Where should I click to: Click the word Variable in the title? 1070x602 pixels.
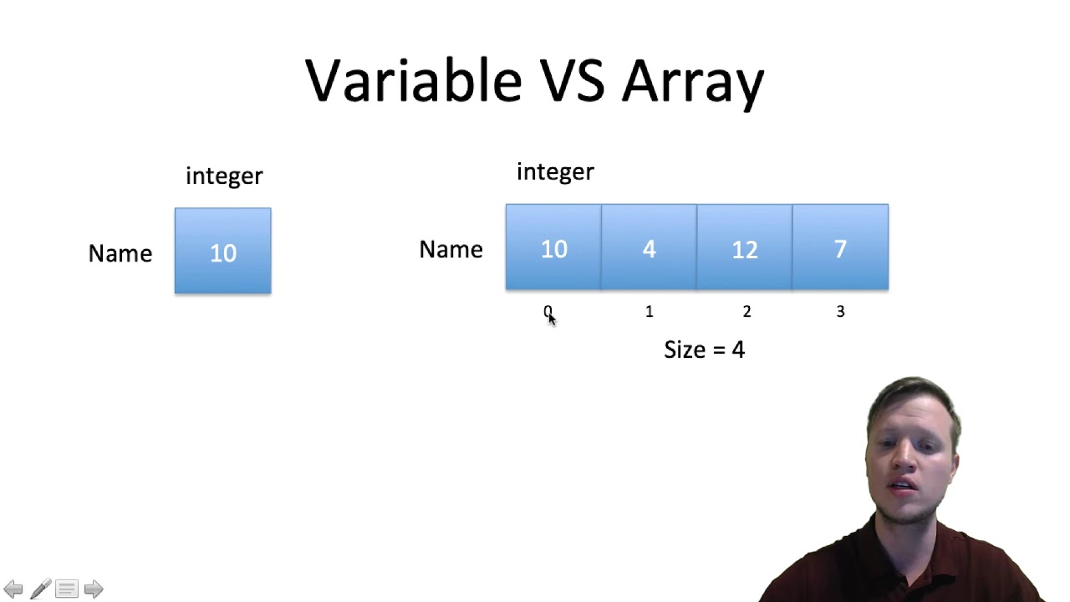414,81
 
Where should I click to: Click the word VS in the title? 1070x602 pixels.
573,81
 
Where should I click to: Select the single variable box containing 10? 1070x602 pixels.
222,251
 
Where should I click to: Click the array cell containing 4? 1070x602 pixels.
649,247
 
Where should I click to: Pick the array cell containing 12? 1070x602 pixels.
744,247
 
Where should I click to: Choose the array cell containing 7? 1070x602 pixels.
840,247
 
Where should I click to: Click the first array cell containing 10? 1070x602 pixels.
553,247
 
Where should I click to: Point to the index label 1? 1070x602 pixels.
649,312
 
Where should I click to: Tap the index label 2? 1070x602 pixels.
746,312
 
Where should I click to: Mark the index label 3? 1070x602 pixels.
840,312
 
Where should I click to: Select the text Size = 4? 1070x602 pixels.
704,349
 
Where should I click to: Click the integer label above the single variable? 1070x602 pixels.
224,176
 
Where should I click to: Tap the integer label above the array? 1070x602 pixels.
555,172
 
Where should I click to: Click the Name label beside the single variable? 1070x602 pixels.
120,253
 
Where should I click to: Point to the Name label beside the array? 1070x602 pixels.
451,249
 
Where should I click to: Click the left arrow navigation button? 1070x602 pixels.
13,589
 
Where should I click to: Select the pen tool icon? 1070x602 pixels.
40,589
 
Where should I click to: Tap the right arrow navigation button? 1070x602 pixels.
94,589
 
